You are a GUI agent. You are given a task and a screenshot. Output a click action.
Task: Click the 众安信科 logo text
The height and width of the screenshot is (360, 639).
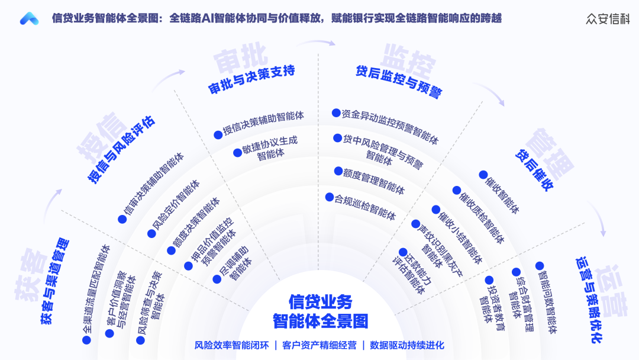[608, 18]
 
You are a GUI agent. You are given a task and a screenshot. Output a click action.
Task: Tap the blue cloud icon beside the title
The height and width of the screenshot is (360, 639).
[29, 19]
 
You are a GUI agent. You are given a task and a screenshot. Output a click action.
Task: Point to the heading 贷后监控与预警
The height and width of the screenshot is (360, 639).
[399, 81]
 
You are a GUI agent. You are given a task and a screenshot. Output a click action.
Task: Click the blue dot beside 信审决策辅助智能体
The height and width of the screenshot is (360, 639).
[122, 219]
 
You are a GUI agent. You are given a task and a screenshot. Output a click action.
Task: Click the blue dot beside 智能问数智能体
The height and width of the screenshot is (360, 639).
[539, 266]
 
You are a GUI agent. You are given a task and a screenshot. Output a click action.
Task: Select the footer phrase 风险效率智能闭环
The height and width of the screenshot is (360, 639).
[232, 345]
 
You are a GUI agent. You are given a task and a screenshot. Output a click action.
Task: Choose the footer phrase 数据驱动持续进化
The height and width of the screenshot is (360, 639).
[407, 345]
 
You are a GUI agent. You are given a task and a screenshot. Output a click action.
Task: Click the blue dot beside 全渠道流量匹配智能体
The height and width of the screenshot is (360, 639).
[86, 340]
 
